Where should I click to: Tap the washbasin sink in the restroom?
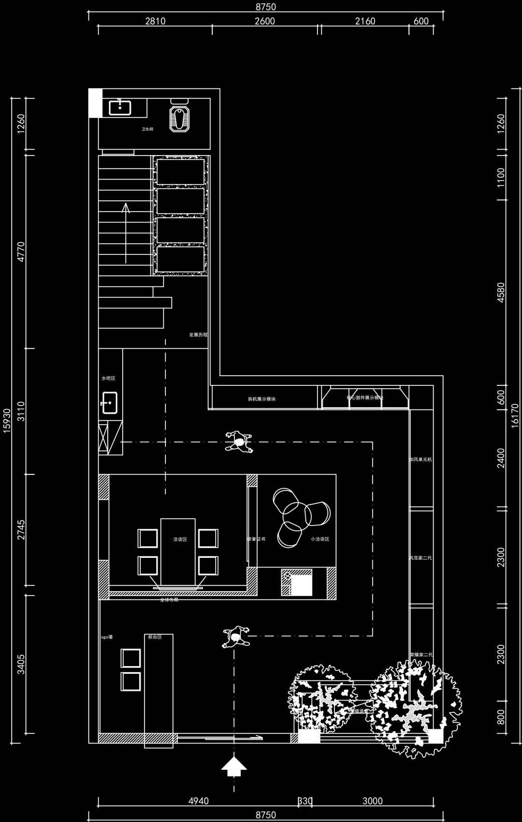pos(120,107)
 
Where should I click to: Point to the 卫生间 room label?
pos(147,129)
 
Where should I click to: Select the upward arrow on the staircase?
pos(126,209)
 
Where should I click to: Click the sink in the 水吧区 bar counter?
pos(109,402)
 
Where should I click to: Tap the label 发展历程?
pos(198,335)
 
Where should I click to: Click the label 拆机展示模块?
pos(261,399)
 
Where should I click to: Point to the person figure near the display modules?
pos(239,441)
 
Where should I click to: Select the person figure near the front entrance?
pos(236,637)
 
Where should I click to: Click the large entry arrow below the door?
pos(234,765)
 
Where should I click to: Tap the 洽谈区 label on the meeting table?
pos(180,539)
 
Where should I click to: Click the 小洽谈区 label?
pos(320,539)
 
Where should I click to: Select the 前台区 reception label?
pos(155,637)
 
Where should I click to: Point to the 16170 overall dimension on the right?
pos(515,415)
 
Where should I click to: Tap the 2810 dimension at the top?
pos(155,21)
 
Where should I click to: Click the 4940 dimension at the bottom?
pos(198,801)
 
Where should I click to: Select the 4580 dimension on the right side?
pos(501,293)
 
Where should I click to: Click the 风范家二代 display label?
pos(420,558)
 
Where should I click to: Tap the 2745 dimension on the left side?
pos(21,530)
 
